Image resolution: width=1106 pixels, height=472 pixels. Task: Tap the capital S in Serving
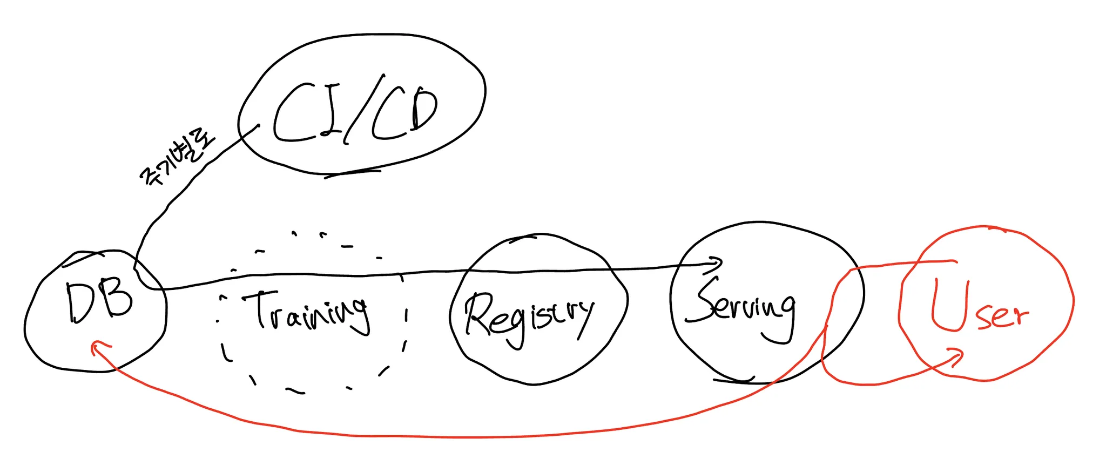tap(707, 300)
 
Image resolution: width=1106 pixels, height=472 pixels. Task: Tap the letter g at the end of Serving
tap(783, 319)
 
